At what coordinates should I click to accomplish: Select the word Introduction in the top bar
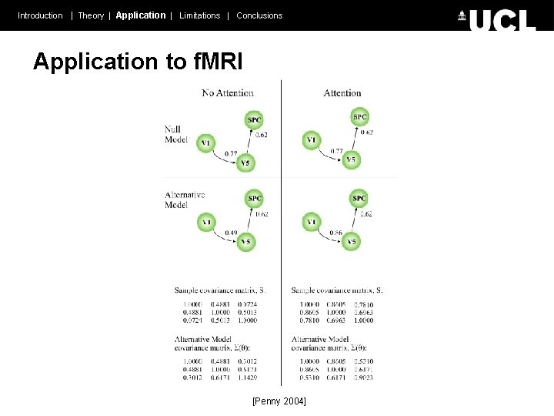(x=40, y=15)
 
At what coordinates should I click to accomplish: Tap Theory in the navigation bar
(x=91, y=15)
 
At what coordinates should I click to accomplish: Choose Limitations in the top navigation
(x=199, y=15)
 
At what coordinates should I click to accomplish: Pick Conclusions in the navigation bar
(x=259, y=15)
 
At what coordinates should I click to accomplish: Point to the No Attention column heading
(x=228, y=93)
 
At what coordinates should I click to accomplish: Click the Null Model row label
(x=176, y=134)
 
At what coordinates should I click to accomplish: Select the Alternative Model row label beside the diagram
(x=185, y=200)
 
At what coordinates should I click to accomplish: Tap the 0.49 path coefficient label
(x=231, y=233)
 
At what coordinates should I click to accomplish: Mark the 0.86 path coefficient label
(x=335, y=233)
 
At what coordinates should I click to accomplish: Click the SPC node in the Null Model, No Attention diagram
(x=255, y=119)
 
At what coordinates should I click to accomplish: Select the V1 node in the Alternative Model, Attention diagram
(x=312, y=223)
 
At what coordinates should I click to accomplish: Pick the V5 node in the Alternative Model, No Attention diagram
(x=245, y=243)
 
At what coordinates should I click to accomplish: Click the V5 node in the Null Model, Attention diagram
(x=351, y=160)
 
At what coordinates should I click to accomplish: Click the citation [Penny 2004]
(x=279, y=401)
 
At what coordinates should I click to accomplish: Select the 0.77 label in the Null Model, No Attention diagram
(x=231, y=154)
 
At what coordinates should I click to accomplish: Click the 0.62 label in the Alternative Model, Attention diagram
(x=365, y=214)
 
